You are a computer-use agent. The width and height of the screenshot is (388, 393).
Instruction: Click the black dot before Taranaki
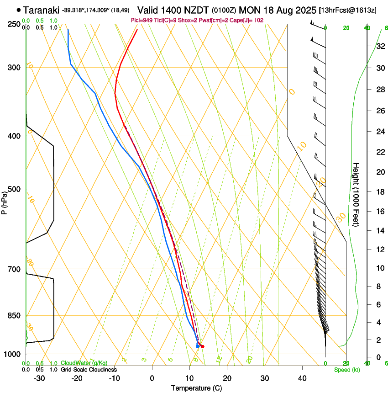pyautogui.click(x=18, y=10)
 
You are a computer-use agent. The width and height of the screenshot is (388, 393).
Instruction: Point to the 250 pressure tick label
pyautogui.click(x=14, y=24)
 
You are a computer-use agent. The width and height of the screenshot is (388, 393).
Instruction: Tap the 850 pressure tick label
pyautogui.click(x=14, y=316)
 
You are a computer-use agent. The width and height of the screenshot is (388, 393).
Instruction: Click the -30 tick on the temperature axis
pyautogui.click(x=39, y=378)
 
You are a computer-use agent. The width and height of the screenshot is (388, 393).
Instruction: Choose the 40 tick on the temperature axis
pyautogui.click(x=302, y=378)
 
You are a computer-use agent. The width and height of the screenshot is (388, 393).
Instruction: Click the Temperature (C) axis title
pyautogui.click(x=196, y=388)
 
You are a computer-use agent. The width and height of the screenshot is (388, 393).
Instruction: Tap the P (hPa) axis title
pyautogui.click(x=4, y=202)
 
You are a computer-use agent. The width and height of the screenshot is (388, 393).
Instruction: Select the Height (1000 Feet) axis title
pyautogui.click(x=357, y=195)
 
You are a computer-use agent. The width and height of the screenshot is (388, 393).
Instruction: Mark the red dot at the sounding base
pyautogui.click(x=202, y=346)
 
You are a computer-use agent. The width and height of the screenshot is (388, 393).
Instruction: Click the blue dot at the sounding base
pyautogui.click(x=198, y=346)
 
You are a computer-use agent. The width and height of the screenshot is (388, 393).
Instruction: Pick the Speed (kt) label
pyautogui.click(x=346, y=370)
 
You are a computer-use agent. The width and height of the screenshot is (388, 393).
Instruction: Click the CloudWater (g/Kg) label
pyautogui.click(x=84, y=363)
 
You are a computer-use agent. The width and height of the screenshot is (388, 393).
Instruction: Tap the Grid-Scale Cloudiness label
pyautogui.click(x=89, y=370)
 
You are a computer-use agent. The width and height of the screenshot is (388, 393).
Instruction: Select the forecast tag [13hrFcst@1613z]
pyautogui.click(x=348, y=10)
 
